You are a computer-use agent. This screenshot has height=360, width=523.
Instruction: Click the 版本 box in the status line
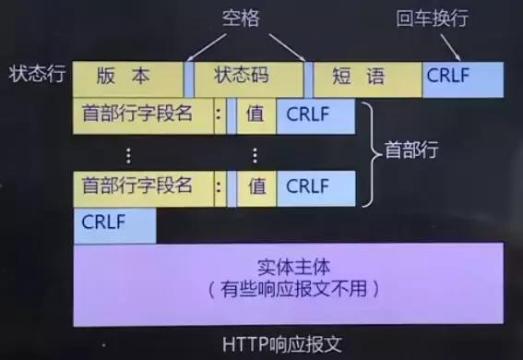[x=128, y=78]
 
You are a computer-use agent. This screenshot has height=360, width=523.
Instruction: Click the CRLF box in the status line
[x=463, y=78]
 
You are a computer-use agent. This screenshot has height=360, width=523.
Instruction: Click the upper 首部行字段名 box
[x=143, y=116]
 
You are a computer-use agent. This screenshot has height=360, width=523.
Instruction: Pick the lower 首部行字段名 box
[x=143, y=186]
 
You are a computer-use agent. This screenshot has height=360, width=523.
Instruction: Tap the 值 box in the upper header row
[x=256, y=116]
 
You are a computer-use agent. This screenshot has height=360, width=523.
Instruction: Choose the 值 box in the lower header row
[x=256, y=186]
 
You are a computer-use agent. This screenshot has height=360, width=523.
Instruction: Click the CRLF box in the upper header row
[x=315, y=116]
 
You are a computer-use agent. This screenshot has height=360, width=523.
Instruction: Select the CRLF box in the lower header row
[x=315, y=186]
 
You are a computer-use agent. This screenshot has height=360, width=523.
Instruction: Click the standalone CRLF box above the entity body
[x=114, y=224]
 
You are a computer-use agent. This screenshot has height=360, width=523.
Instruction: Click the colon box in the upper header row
[x=219, y=116]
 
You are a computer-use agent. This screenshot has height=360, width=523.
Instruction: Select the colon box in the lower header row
[x=219, y=186]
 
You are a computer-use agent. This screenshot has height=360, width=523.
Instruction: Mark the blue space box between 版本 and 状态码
[x=189, y=78]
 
